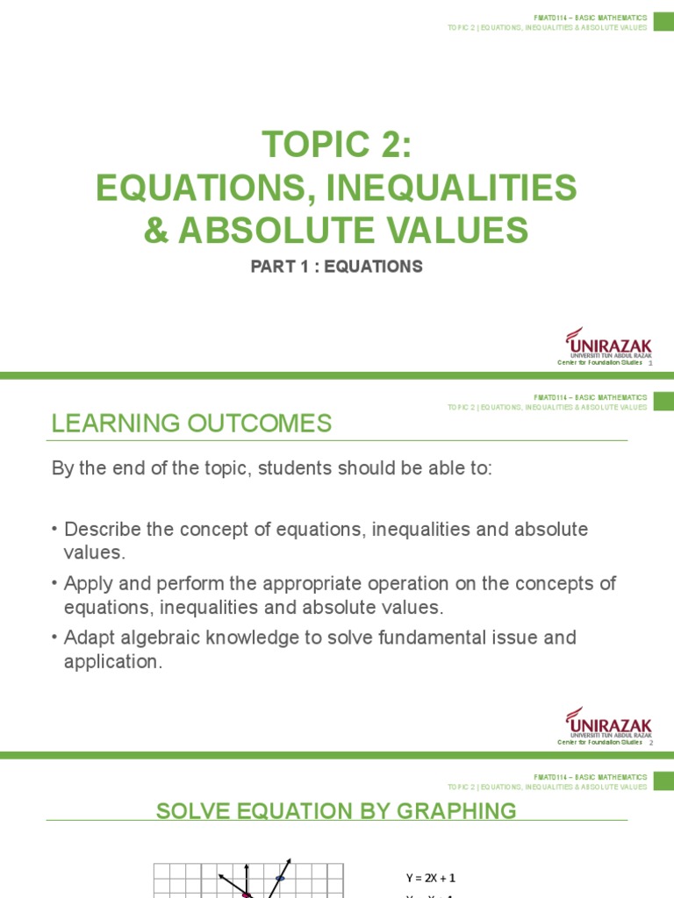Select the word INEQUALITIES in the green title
click(452, 188)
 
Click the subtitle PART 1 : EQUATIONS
click(337, 267)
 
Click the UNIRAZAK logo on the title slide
click(609, 344)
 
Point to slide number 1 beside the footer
click(650, 363)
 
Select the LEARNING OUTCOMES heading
click(191, 424)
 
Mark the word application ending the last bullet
click(113, 661)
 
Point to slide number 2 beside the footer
click(650, 742)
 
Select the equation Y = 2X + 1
click(430, 877)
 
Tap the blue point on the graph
click(280, 878)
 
